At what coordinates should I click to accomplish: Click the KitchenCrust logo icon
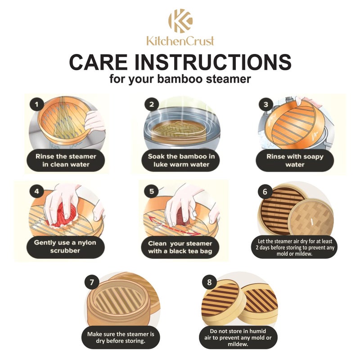(x=180, y=21)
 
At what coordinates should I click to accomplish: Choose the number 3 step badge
(x=266, y=104)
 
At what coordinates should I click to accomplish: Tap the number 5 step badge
(x=152, y=191)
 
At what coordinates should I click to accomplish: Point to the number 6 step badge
(x=265, y=191)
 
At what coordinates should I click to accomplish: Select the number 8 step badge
(x=209, y=282)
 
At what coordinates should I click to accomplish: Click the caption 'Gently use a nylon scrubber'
(x=66, y=247)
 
